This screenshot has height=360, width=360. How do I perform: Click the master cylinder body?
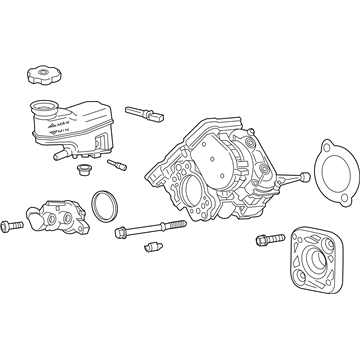(x=55, y=219)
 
